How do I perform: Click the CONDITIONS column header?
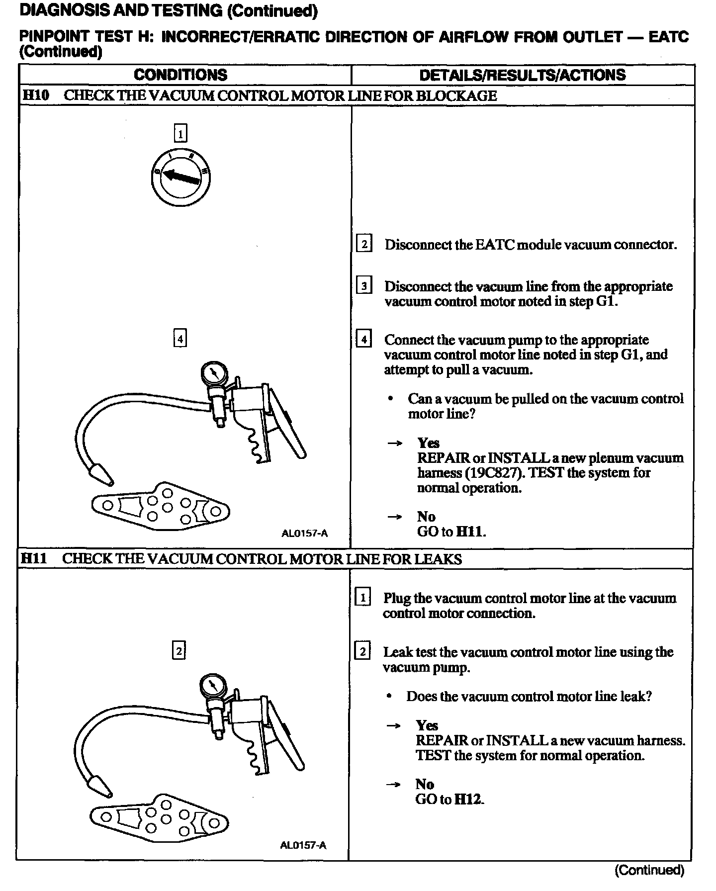pos(180,75)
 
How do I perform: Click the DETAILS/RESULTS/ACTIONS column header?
pos(522,75)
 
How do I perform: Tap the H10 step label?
pos(36,95)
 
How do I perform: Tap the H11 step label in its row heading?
pos(34,559)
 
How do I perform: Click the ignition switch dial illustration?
pos(180,177)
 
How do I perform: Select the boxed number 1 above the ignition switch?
pos(180,133)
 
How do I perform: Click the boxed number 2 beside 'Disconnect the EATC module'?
pos(364,244)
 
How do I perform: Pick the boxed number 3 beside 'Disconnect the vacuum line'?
pos(364,286)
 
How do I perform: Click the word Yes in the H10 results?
pos(428,443)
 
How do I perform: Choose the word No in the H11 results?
pos(425,785)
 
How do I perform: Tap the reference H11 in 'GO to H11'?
pos(470,532)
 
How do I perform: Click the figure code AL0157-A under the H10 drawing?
pos(304,534)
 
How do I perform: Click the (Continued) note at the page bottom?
pos(649,870)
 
